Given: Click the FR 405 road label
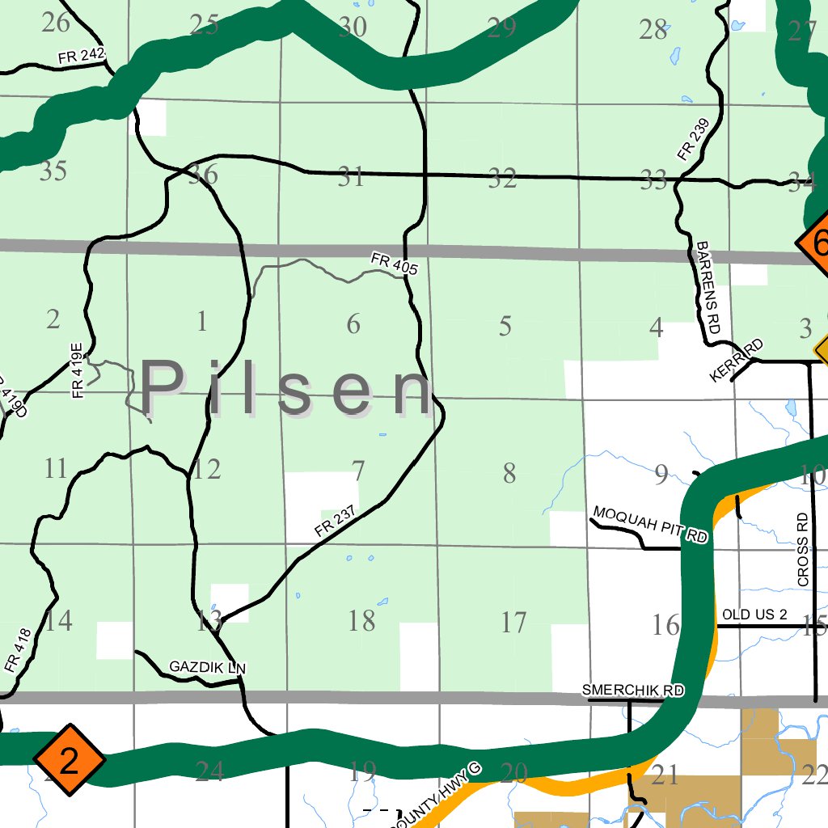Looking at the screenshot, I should (x=394, y=264).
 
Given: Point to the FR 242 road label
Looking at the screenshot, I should (x=82, y=57).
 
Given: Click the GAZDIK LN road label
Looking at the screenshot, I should (x=207, y=667).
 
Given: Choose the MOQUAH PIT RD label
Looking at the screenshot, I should (x=650, y=525).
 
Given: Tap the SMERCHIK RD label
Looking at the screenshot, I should (x=632, y=691).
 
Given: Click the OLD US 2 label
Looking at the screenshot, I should (x=754, y=615).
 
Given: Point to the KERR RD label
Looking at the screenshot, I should (x=737, y=361).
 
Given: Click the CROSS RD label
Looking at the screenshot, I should (x=802, y=549).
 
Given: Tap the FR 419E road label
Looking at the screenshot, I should (x=78, y=370).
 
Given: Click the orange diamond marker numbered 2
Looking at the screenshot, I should (x=70, y=761).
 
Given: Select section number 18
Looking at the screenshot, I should (x=361, y=621).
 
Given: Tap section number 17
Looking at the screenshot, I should (x=513, y=623).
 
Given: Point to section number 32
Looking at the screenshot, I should (x=502, y=180).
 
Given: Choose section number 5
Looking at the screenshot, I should (x=505, y=327).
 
